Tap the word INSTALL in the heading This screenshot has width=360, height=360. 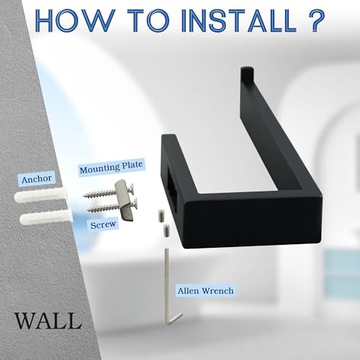tap(239, 21)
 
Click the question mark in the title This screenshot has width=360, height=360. tap(315, 21)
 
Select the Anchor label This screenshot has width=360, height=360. tap(37, 179)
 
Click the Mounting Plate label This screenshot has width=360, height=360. tap(112, 167)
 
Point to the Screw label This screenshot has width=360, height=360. tap(103, 225)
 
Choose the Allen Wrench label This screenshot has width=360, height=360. tap(205, 291)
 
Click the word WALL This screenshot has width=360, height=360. tap(48, 320)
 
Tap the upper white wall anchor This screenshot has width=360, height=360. tap(40, 195)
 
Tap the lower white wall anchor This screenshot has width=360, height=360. tap(46, 217)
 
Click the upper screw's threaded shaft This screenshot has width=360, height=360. tap(99, 194)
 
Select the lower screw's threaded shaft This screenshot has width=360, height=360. tap(103, 208)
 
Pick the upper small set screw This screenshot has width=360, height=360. tap(161, 216)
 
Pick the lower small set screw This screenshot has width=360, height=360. tap(167, 230)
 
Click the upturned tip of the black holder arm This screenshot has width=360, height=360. tap(248, 73)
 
